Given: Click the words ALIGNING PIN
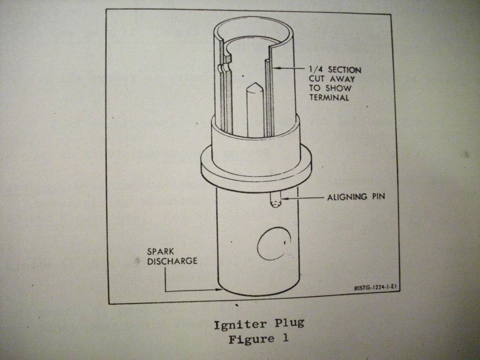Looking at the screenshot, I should coord(356,197).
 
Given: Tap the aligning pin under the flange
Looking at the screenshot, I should coord(274,200).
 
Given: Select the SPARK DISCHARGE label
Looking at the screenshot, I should coord(165,256).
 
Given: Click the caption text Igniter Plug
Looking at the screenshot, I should coord(258,324).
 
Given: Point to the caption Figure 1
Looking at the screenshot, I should coord(258,339).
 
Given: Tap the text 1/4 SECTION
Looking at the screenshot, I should coord(334,70).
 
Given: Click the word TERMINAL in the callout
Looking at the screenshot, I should coord(328,97).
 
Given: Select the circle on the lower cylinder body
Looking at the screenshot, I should coord(273,243).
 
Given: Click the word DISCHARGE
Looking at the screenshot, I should coord(165,261).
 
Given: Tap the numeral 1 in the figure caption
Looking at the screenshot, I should coord(285,339).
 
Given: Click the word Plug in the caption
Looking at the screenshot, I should coord(286,324).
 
